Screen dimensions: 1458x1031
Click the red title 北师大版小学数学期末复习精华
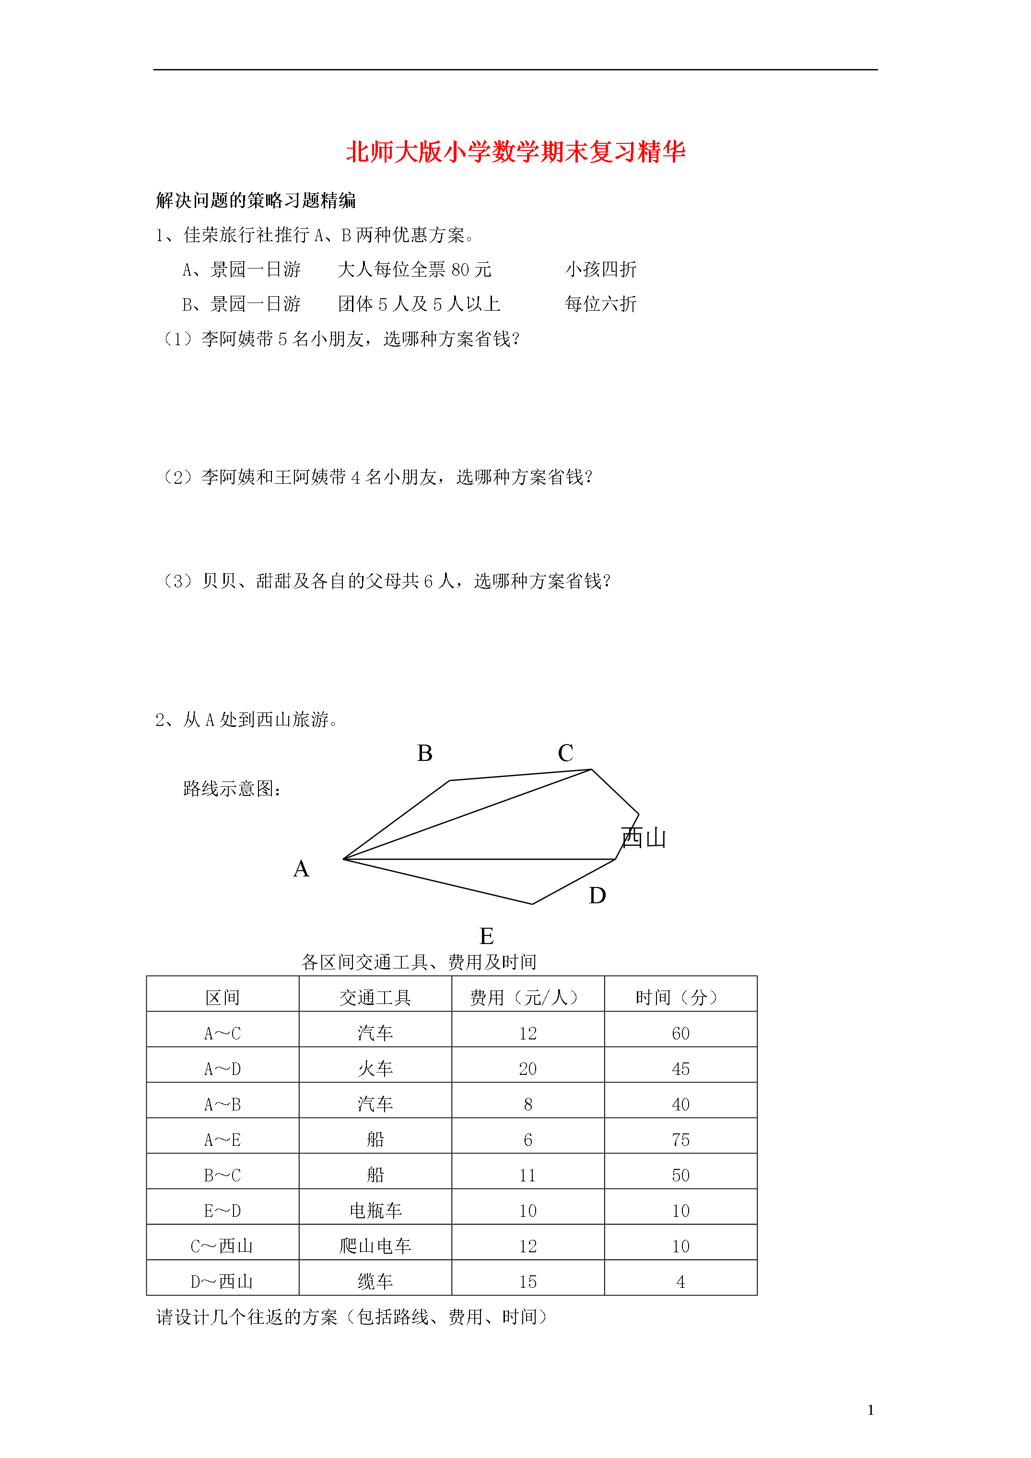(515, 152)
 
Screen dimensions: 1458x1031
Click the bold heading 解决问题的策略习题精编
(256, 201)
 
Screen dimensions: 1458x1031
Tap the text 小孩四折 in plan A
(600, 270)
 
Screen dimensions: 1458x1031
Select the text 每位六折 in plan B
(600, 304)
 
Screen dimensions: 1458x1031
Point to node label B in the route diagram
(424, 753)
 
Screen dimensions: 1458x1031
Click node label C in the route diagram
(565, 753)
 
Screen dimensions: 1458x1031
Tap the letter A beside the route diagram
(301, 869)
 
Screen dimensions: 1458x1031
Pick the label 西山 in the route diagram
(644, 838)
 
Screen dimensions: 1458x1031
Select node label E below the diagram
(487, 936)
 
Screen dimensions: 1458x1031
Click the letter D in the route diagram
(597, 896)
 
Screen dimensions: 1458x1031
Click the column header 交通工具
(375, 998)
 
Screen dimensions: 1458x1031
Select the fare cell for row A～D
(527, 1069)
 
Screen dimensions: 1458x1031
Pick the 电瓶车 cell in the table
(375, 1211)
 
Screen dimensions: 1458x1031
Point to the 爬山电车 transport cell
(375, 1247)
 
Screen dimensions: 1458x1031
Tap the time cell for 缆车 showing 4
(680, 1282)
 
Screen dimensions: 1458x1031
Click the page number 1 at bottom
(870, 1411)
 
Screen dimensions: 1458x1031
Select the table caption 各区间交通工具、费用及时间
(419, 962)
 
